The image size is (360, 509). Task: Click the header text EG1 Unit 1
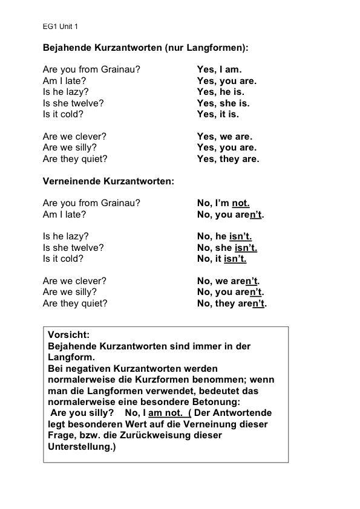(x=60, y=27)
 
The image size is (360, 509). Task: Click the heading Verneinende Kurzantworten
(x=108, y=181)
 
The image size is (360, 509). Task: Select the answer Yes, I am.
(x=219, y=70)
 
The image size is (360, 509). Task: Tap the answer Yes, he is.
(x=220, y=92)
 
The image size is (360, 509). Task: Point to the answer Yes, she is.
(x=223, y=103)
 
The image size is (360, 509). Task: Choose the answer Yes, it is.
(x=218, y=114)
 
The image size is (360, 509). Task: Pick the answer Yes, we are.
(x=224, y=137)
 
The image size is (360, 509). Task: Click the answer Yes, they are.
(x=228, y=159)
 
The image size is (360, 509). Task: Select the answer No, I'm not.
(x=223, y=203)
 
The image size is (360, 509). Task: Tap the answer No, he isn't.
(x=224, y=236)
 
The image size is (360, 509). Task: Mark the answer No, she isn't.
(x=227, y=247)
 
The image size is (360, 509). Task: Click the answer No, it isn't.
(x=221, y=259)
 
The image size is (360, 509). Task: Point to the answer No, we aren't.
(x=228, y=281)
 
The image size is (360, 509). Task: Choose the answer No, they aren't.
(x=232, y=303)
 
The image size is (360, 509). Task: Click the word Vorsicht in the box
(x=68, y=335)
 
